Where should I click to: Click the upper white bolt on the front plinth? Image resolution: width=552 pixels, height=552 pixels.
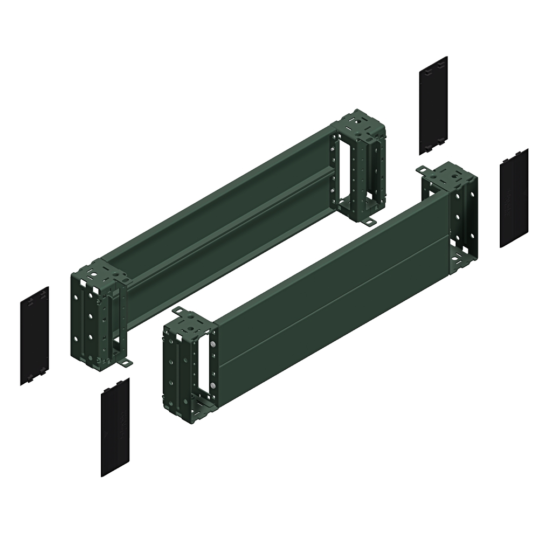(x=215, y=344)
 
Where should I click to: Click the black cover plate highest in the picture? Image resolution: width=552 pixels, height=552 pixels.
(x=433, y=105)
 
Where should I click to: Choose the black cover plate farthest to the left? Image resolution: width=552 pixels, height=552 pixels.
(x=34, y=335)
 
